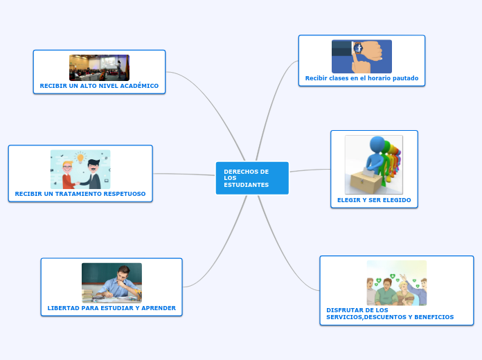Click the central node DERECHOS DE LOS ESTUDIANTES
252,178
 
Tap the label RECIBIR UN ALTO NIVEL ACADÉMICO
99,86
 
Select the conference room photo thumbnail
99,68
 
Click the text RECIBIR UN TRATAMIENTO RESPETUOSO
80,194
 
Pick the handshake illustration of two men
80,170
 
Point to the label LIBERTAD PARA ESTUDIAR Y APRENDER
111,307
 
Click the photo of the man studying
111,282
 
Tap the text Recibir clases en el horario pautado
361,78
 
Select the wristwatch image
361,56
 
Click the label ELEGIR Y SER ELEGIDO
374,199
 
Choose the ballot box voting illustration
374,165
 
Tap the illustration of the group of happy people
396,283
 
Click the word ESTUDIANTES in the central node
246,185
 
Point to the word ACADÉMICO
136,86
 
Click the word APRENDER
159,307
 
